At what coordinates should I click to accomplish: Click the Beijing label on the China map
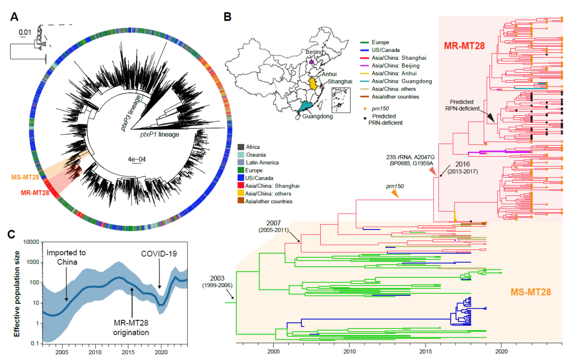click(x=315, y=53)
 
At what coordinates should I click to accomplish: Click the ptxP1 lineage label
click(x=159, y=135)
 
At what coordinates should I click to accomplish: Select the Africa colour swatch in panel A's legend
click(x=241, y=147)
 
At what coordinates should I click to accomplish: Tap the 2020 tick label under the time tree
click(x=502, y=351)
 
